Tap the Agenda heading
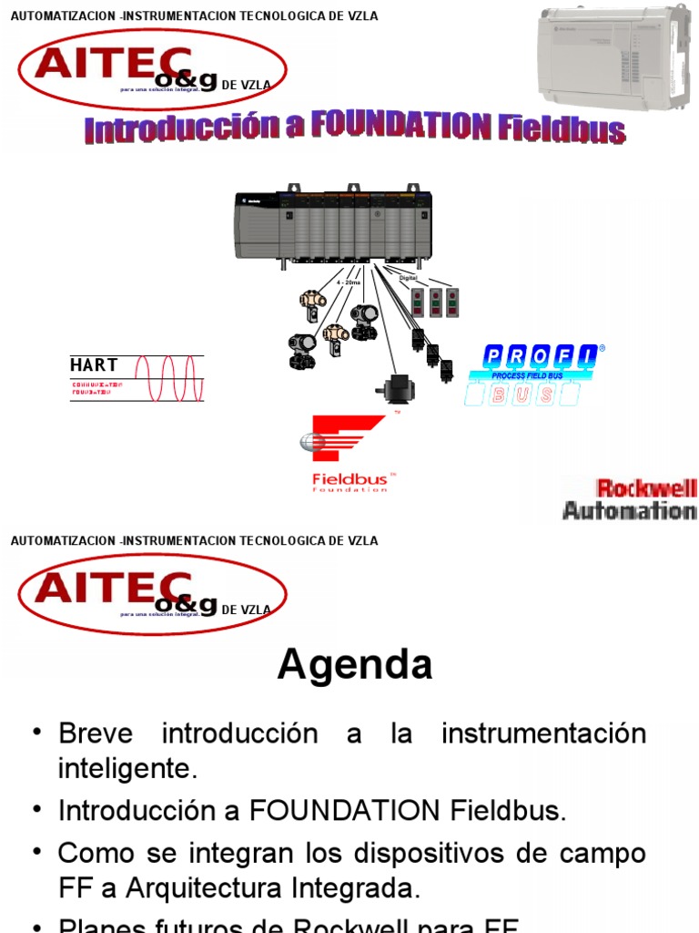click(x=355, y=665)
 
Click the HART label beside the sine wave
click(x=94, y=365)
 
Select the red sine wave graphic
click(x=168, y=378)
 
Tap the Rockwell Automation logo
click(x=630, y=499)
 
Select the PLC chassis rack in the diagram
click(x=333, y=228)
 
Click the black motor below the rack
click(x=395, y=390)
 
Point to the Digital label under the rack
click(x=396, y=277)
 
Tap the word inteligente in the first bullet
click(x=127, y=768)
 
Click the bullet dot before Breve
click(x=36, y=733)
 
